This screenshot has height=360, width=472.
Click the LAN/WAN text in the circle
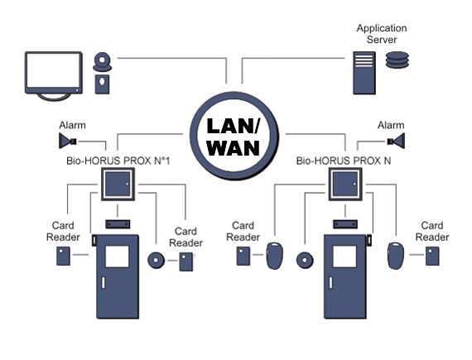[234, 137]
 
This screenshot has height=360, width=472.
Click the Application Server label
[382, 34]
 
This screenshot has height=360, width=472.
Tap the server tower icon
[364, 73]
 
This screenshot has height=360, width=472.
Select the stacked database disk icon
[397, 60]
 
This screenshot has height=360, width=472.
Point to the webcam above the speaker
[103, 62]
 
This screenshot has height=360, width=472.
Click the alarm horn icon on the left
[68, 141]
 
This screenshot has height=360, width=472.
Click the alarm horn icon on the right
[396, 141]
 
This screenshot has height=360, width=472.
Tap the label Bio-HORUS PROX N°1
[118, 161]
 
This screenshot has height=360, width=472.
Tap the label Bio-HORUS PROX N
[344, 161]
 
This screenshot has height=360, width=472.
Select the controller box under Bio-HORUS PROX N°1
[118, 184]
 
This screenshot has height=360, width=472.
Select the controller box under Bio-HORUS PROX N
[345, 184]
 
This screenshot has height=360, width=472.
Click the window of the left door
[117, 257]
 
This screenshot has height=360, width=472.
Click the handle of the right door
[331, 283]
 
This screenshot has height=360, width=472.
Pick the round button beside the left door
[156, 260]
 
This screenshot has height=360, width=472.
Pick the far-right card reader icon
[432, 256]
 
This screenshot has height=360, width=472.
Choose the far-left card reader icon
[63, 256]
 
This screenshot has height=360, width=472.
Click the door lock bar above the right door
[345, 224]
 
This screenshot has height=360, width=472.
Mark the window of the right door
[344, 257]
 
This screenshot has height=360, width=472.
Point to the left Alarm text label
[72, 125]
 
